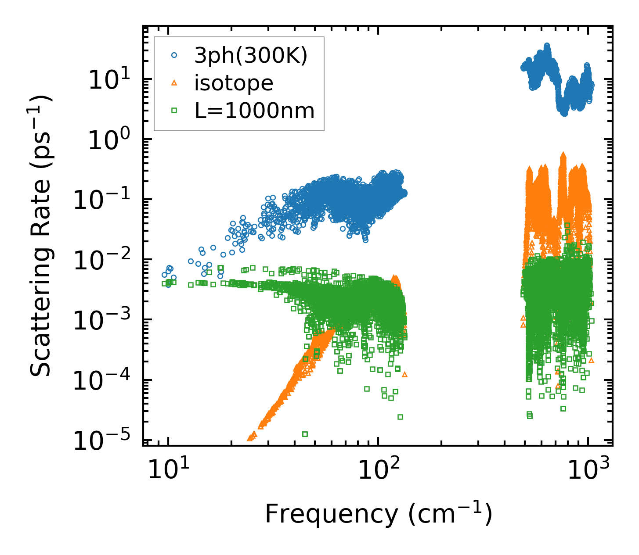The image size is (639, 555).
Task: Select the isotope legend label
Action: coord(234,83)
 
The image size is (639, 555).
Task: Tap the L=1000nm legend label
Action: coord(255,111)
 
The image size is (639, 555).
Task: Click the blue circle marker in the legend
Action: coord(174,55)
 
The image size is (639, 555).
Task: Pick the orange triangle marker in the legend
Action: coord(174,83)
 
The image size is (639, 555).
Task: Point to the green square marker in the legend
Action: coord(174,111)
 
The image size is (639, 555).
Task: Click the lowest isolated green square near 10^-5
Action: coord(305,434)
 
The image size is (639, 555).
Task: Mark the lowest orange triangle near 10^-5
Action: coord(250,438)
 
